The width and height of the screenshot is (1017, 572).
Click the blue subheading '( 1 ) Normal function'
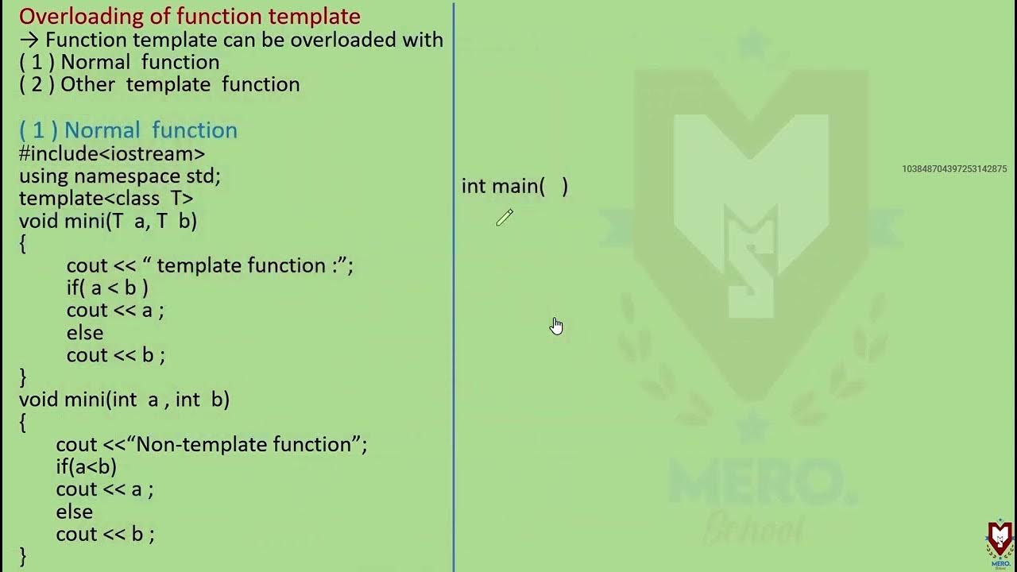click(128, 130)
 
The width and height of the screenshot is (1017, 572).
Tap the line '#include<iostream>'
click(112, 153)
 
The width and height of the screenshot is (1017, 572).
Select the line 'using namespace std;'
click(120, 176)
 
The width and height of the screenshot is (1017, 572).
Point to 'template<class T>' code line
click(106, 198)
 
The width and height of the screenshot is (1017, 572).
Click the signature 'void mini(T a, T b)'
click(108, 221)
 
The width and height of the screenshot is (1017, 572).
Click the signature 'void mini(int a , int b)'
click(124, 400)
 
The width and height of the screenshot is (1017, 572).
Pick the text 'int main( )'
click(514, 187)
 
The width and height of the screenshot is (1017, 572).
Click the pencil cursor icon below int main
click(505, 218)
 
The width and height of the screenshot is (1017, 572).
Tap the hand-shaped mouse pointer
click(556, 326)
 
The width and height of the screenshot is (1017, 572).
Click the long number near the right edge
click(954, 169)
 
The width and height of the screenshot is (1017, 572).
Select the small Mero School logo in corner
click(1000, 543)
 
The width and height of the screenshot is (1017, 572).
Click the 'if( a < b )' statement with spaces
click(107, 288)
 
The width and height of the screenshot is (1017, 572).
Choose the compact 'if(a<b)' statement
click(86, 466)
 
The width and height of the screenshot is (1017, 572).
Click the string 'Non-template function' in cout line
click(244, 444)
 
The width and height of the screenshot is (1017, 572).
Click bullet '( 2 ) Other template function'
click(160, 85)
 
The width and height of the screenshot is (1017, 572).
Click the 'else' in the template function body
click(85, 332)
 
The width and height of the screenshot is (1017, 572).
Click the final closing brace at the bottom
click(23, 556)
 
